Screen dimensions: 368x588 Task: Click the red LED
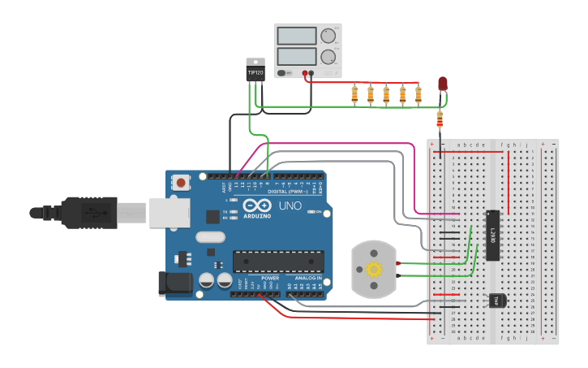click(x=442, y=84)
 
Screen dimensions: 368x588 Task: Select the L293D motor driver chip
click(x=492, y=236)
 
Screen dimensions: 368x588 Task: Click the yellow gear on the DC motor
click(x=374, y=269)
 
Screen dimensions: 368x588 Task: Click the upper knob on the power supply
click(x=328, y=36)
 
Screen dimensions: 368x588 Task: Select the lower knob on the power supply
click(x=328, y=57)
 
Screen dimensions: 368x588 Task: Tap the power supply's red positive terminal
click(x=305, y=73)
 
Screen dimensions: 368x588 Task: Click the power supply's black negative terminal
click(x=311, y=73)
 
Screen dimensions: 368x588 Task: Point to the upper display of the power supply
click(x=296, y=36)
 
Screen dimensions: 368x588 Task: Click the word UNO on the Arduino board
click(x=290, y=206)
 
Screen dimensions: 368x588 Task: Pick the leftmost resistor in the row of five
click(x=354, y=95)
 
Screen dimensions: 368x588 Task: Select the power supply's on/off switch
click(x=283, y=73)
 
